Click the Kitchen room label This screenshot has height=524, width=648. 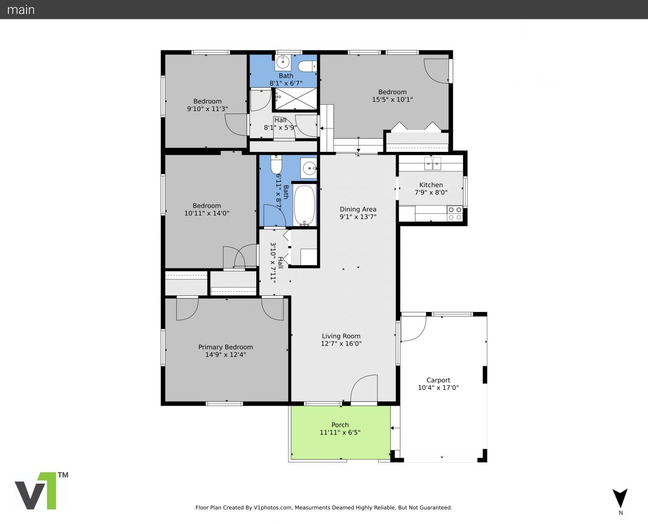coord(431,185)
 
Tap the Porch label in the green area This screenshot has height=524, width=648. coord(340,425)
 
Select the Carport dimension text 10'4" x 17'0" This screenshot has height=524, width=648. coord(438,388)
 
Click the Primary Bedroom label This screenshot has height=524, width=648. coord(225,347)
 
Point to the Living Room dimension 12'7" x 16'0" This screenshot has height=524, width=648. coord(341,344)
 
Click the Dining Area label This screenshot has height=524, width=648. coord(358,209)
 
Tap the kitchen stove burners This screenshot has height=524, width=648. coord(455,213)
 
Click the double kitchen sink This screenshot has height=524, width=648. coord(432,164)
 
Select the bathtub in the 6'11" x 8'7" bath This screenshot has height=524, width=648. coord(304,205)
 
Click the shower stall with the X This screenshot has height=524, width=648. coord(296,98)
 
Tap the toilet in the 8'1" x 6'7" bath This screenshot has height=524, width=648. coord(307,66)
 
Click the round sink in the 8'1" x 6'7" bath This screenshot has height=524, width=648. coord(283,63)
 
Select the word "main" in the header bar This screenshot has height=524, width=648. coord(21,10)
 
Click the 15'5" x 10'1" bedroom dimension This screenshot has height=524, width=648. coord(392,99)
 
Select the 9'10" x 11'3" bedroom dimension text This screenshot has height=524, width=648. coord(207,109)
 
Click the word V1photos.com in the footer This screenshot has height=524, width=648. coord(273,508)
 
